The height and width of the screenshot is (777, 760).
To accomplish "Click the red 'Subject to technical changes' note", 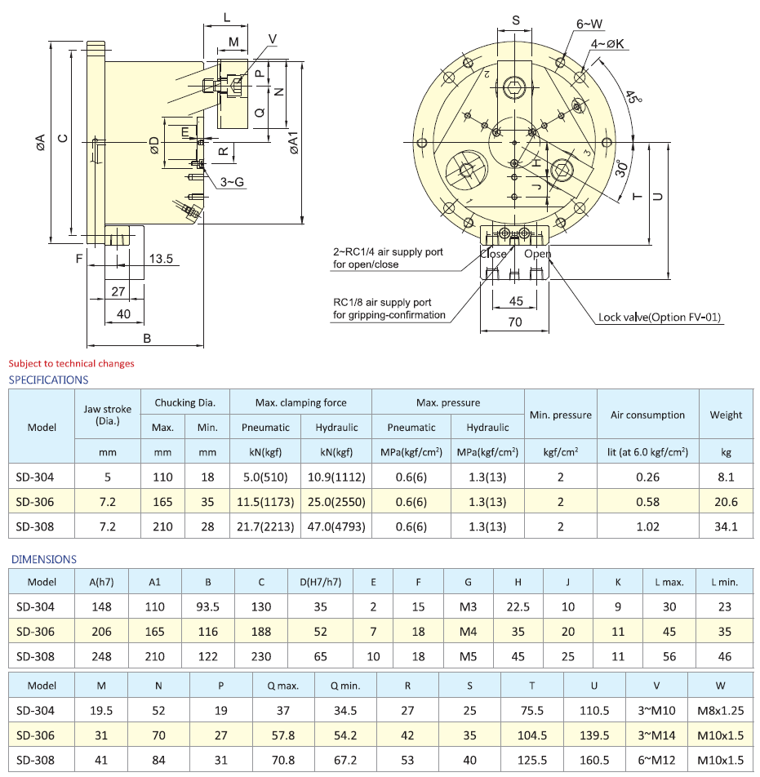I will click(71, 363).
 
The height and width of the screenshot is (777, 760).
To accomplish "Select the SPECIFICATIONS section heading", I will click(48, 380).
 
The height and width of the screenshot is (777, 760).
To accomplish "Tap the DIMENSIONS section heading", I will click(42, 559).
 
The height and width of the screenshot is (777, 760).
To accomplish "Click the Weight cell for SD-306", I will click(726, 502).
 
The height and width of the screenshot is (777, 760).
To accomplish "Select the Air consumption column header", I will click(647, 415).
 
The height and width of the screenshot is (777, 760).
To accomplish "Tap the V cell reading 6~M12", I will click(656, 760).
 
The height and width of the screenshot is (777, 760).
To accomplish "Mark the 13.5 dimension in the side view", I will click(161, 259).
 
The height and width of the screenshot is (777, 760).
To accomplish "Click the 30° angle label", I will click(621, 169).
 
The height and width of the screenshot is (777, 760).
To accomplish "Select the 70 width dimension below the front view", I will click(515, 322).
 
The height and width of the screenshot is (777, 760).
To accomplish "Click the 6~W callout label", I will click(589, 24).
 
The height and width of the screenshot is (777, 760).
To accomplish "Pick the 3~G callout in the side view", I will click(232, 182).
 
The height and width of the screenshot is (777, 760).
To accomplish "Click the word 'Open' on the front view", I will click(537, 254).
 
